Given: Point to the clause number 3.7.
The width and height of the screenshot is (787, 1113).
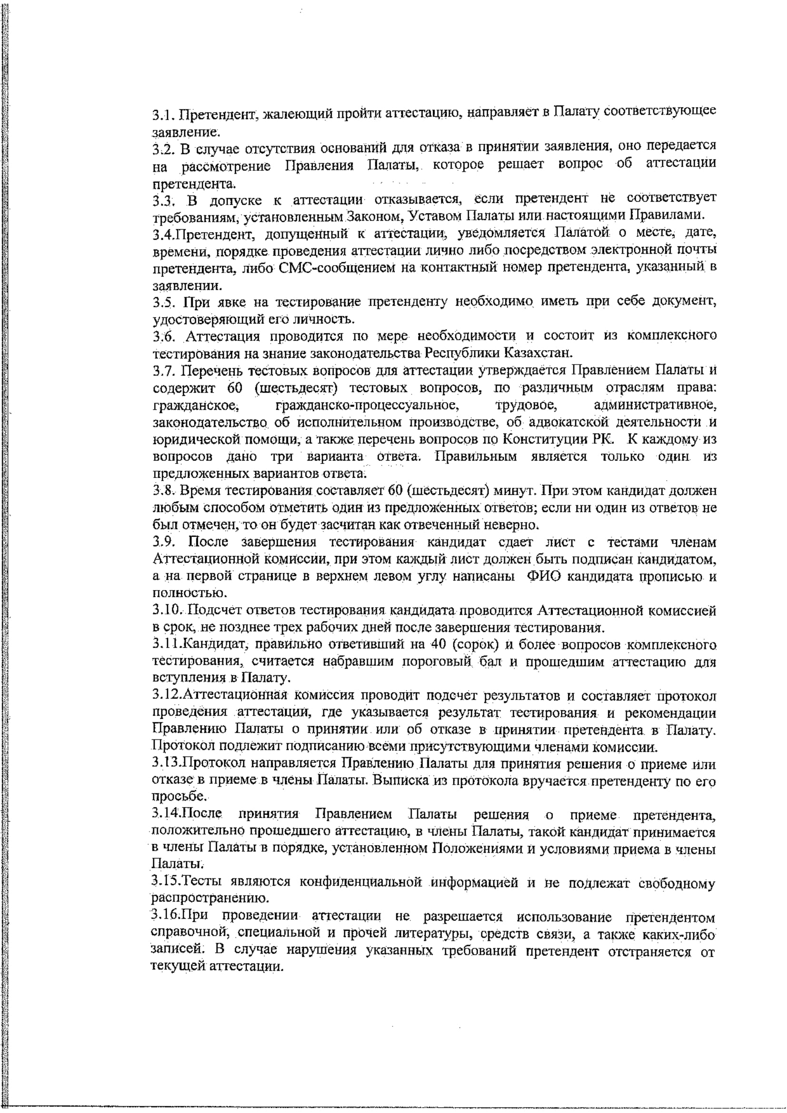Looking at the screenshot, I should click(x=163, y=371).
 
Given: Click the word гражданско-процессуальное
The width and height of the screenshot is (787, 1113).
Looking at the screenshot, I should click(x=366, y=404).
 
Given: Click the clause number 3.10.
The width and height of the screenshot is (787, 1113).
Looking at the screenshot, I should click(x=167, y=610).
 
